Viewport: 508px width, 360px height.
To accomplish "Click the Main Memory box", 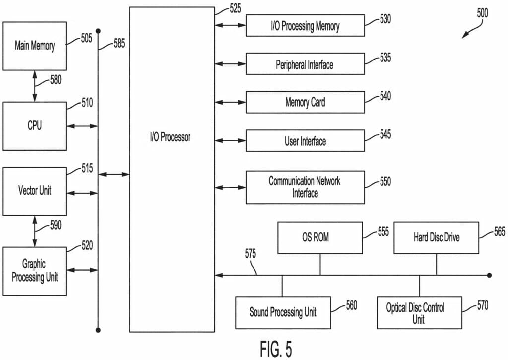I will pyautogui.click(x=35, y=46).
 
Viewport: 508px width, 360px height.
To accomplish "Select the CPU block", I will pyautogui.click(x=35, y=126).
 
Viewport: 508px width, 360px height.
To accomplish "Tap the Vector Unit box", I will pyautogui.click(x=35, y=191).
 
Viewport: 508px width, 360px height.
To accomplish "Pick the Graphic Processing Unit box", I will pyautogui.click(x=35, y=271).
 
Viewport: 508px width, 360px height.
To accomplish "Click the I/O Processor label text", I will pyautogui.click(x=170, y=137).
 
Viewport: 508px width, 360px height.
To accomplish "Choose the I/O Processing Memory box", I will pyautogui.click(x=305, y=26).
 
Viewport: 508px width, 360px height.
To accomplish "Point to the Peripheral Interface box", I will pyautogui.click(x=305, y=64).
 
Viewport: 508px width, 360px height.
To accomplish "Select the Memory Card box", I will pyautogui.click(x=305, y=103).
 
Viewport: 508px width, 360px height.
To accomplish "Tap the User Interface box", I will pyautogui.click(x=305, y=141).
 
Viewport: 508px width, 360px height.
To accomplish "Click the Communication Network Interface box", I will pyautogui.click(x=305, y=187).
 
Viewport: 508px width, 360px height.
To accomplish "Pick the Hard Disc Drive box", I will pyautogui.click(x=437, y=238).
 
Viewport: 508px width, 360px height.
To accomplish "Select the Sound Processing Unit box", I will pyautogui.click(x=283, y=312).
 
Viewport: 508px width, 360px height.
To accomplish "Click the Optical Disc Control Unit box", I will pyautogui.click(x=419, y=312).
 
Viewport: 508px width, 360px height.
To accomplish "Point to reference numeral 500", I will pyautogui.click(x=482, y=13).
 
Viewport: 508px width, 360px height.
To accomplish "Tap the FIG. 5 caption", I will pyautogui.click(x=276, y=349).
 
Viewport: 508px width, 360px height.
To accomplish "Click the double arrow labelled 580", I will pyautogui.click(x=35, y=86).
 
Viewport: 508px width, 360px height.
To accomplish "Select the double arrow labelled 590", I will pyautogui.click(x=35, y=231).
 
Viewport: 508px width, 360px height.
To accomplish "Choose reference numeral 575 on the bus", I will pyautogui.click(x=250, y=255).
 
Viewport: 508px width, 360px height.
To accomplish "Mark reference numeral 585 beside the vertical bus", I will pyautogui.click(x=119, y=44).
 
